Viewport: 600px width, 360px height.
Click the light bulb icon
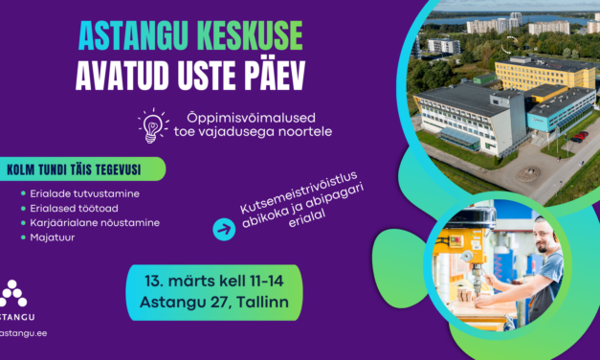click(x=152, y=124)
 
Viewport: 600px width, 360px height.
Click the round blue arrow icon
click(x=224, y=229)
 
